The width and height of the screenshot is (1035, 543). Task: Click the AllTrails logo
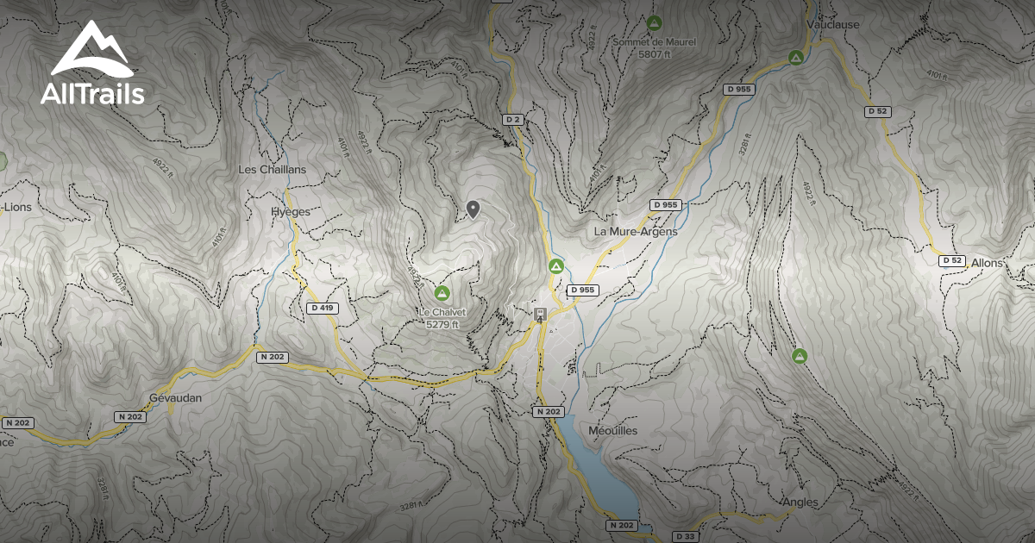(92, 66)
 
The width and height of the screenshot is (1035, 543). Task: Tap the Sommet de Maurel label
(655, 41)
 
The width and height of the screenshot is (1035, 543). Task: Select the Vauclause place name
(833, 25)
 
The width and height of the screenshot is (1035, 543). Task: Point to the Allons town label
(988, 262)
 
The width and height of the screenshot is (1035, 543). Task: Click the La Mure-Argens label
(636, 232)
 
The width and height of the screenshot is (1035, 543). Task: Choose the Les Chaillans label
(272, 170)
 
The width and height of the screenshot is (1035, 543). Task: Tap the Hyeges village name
(290, 211)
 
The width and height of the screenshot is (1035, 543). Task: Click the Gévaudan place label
(174, 398)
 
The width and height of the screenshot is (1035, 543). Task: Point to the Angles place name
(800, 502)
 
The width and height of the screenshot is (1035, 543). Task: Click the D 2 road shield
(513, 119)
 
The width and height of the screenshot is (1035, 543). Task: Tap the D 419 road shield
(321, 308)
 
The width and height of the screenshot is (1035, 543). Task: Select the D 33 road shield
(686, 536)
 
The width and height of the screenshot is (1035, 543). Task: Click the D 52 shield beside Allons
(951, 260)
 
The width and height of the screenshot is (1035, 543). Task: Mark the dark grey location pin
(473, 209)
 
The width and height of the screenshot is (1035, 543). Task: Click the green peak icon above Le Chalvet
(442, 293)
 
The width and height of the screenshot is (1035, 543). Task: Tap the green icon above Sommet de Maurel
(655, 22)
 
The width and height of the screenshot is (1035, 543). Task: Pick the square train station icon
(540, 314)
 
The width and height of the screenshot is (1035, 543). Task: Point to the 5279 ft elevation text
(442, 324)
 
